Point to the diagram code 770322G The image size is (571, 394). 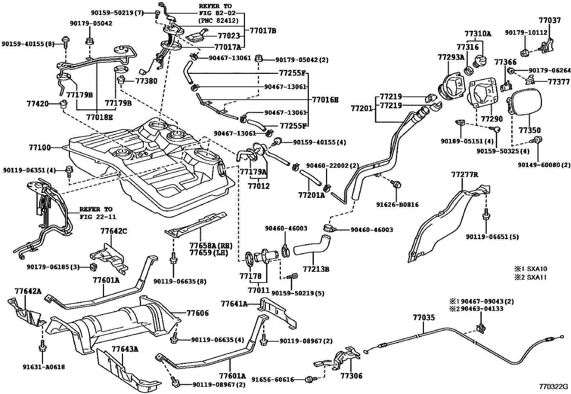tap(554, 386)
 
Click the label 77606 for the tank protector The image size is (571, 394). tap(197, 313)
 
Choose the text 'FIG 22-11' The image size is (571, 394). tap(98, 217)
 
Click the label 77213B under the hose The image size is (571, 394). tap(316, 269)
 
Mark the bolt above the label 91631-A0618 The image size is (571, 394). tap(42, 347)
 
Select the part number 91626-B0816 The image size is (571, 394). tap(397, 205)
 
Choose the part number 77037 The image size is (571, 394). tap(549, 20)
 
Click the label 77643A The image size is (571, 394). tap(125, 349)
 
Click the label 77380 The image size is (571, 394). tap(146, 81)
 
